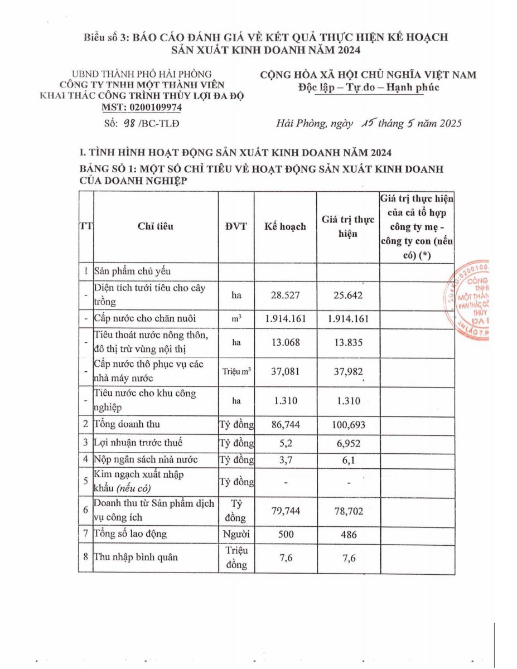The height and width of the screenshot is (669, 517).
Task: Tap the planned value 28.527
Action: coord(285,295)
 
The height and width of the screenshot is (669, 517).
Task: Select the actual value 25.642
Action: coord(348,295)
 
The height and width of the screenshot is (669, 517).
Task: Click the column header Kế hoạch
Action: coord(285,227)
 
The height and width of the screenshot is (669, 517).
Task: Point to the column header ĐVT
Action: coord(236,227)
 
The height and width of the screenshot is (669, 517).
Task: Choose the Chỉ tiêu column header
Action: coord(156,227)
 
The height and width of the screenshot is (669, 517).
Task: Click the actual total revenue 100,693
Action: coord(348,425)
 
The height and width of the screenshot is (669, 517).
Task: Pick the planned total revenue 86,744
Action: coord(285,425)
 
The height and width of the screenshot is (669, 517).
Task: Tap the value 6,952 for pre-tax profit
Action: coord(348,443)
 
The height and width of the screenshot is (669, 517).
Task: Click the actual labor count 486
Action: coord(348,534)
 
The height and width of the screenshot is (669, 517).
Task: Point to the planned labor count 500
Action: coord(285,534)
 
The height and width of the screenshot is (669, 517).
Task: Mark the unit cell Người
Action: coord(236,534)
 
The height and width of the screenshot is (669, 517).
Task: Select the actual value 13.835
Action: coord(348,343)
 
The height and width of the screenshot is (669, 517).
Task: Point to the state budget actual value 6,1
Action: coord(348,460)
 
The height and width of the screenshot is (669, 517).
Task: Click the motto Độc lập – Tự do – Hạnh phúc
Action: coord(369,87)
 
